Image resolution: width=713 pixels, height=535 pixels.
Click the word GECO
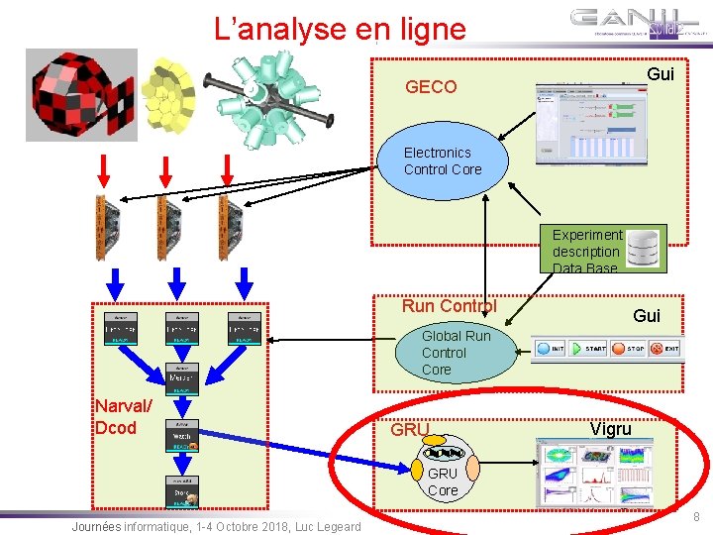click(x=431, y=87)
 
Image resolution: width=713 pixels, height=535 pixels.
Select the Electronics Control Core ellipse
click(x=443, y=161)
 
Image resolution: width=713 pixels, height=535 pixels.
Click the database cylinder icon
click(x=646, y=249)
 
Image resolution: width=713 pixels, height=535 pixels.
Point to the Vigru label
click(x=610, y=429)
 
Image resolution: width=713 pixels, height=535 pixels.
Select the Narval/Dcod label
click(x=124, y=417)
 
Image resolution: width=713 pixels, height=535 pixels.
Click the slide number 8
click(x=696, y=516)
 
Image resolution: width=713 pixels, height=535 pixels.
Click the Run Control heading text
click(x=449, y=306)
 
